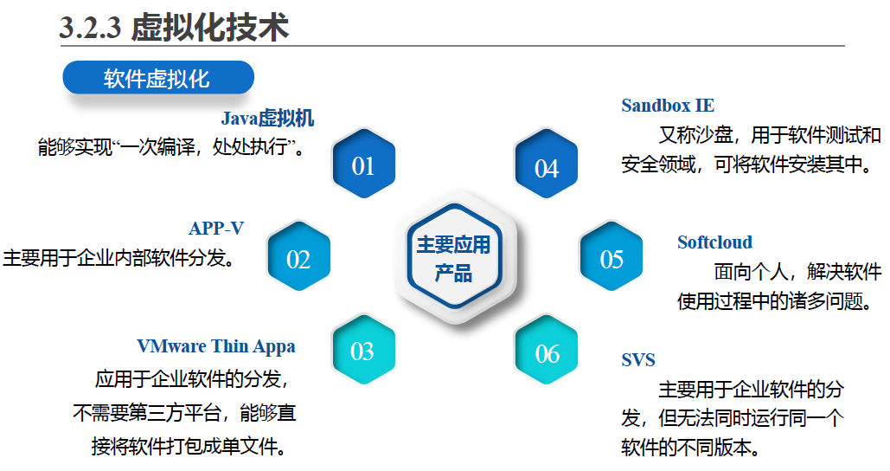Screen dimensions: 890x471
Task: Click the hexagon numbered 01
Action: [x=362, y=165]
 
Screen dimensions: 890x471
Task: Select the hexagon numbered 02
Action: [x=298, y=258]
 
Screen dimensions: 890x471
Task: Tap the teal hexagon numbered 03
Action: [x=362, y=351]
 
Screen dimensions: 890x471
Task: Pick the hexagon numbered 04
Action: [x=547, y=166]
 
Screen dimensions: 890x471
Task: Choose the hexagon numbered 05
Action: [x=611, y=258]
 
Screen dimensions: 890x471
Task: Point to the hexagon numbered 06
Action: [x=547, y=352]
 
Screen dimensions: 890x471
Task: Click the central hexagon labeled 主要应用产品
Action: [x=454, y=259]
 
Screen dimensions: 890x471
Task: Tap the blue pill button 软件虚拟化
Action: [x=157, y=79]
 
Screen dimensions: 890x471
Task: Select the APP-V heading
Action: [x=216, y=229]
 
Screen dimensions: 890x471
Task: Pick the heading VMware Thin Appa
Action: [x=216, y=346]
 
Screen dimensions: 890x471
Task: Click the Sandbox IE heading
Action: [x=668, y=106]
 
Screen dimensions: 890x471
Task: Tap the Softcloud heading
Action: [x=714, y=242]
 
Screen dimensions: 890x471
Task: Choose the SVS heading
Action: [x=638, y=359]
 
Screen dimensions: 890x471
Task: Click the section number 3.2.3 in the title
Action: [x=90, y=28]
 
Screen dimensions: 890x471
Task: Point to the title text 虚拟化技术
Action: [x=209, y=28]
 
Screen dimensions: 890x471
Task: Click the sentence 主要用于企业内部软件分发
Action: [x=120, y=258]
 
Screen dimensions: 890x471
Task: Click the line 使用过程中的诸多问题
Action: [x=779, y=301]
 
